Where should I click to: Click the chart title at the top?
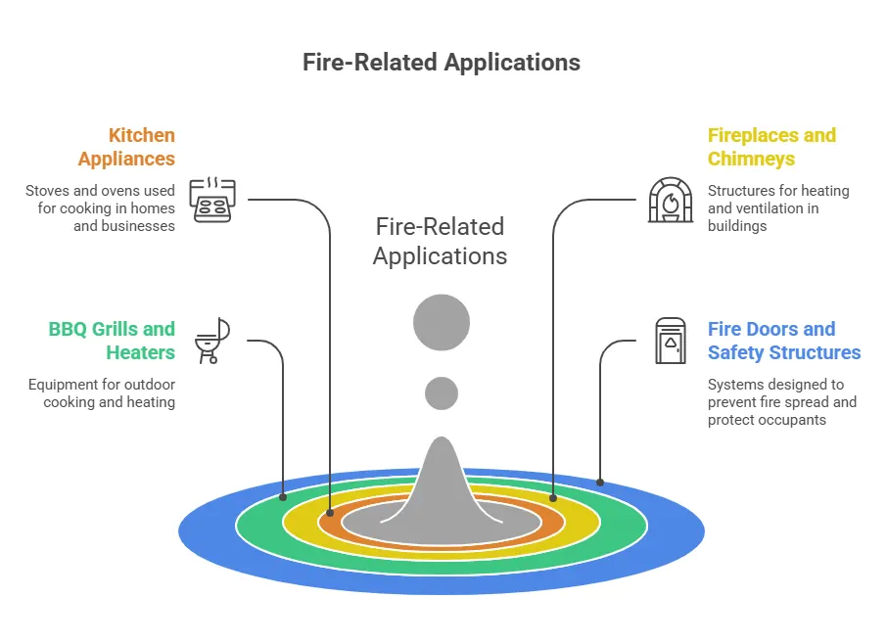point(441,63)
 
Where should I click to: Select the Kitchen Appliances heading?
point(126,147)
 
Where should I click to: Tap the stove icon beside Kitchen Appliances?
point(212,200)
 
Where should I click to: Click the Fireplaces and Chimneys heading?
point(771,147)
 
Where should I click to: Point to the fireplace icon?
point(671,200)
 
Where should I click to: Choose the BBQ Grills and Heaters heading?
point(112,341)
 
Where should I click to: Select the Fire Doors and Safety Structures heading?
point(783,341)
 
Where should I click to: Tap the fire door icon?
point(671,341)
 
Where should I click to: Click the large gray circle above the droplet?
point(442,322)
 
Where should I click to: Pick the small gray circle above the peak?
point(442,393)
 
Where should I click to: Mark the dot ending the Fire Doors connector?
point(600,482)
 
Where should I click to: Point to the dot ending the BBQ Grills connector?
point(283,496)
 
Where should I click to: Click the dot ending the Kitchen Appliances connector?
point(330,512)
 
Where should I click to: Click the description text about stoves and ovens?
point(101,207)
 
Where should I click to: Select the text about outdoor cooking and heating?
point(102,393)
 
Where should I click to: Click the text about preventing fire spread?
point(781,402)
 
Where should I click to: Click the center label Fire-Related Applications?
point(441,242)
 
